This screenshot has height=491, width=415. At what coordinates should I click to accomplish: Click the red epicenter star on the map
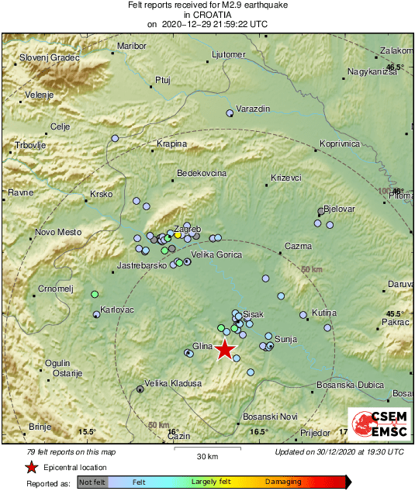(x=224, y=349)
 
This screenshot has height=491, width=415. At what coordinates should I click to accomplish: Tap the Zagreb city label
(x=187, y=229)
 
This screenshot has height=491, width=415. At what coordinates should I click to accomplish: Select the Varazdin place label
(x=253, y=109)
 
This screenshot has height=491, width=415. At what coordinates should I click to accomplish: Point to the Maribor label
(x=131, y=46)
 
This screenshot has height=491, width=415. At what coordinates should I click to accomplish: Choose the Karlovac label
(x=118, y=309)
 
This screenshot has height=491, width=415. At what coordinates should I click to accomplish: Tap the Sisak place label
(x=254, y=313)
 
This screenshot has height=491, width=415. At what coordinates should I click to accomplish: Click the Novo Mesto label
(x=58, y=232)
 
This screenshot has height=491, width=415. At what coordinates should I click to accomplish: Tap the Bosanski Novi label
(x=271, y=417)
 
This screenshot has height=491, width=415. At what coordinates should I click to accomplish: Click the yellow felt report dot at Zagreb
(x=178, y=234)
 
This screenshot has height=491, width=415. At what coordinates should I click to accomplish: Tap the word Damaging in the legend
(x=284, y=482)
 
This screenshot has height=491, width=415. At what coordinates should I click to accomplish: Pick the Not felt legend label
(x=92, y=482)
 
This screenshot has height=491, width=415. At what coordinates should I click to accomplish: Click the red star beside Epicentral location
(x=31, y=468)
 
